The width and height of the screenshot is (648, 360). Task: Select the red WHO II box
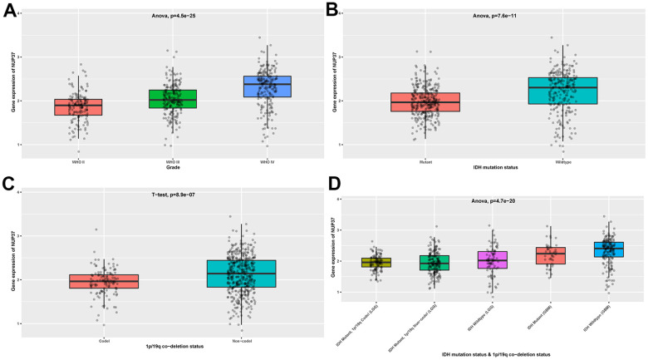78,107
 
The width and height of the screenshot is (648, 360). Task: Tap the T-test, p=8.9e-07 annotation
173,193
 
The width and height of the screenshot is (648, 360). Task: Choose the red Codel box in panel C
104,281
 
